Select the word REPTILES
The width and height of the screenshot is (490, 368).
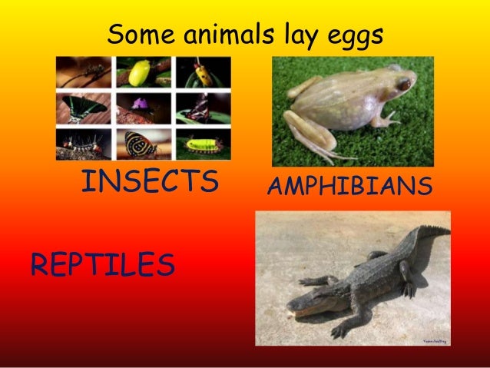[x=102, y=265]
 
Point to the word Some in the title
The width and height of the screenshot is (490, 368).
[x=137, y=34]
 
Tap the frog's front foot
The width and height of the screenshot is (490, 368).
[x=392, y=120]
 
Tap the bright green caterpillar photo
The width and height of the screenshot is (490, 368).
[x=201, y=143]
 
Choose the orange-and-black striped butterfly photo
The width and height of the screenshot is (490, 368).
[x=144, y=143]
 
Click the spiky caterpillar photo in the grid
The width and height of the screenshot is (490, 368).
[x=86, y=143]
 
